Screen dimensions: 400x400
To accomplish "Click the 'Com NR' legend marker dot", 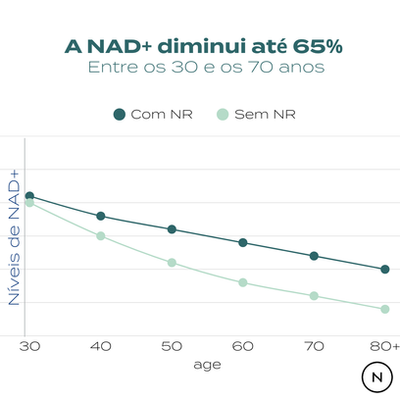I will (x=120, y=114).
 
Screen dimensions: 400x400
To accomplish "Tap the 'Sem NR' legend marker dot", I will (x=223, y=114).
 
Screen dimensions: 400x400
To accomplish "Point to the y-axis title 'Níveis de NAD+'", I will (x=15, y=235).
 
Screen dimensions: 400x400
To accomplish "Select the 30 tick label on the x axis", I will (x=29, y=346).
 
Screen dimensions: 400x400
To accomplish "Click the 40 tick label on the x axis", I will (x=100, y=346).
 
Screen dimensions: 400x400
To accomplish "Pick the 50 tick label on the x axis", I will (x=172, y=346).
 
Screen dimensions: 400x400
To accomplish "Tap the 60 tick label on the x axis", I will (x=242, y=346).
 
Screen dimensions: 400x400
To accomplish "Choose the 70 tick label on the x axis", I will (x=314, y=346).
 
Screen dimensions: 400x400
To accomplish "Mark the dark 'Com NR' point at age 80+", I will (x=384, y=269).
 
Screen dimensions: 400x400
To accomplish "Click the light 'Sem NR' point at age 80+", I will (x=384, y=309).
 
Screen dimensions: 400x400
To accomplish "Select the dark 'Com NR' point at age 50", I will (x=172, y=229).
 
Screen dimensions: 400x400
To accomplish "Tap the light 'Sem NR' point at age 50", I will (x=172, y=263).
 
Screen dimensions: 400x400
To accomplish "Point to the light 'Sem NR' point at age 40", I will (x=100, y=236).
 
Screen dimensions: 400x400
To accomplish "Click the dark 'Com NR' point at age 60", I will (x=242, y=242).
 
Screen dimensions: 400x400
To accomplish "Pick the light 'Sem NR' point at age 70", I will (x=314, y=295).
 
